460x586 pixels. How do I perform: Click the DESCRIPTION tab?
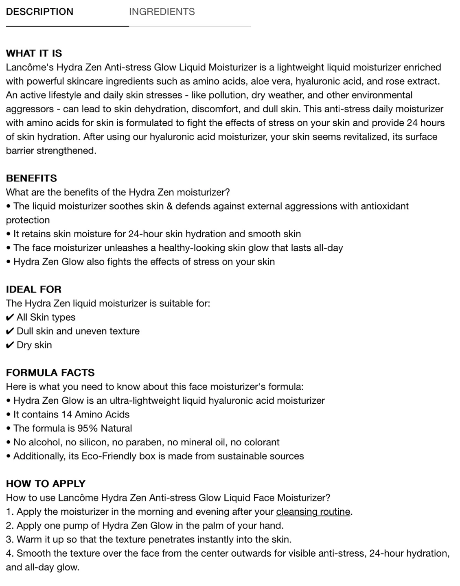point(39,12)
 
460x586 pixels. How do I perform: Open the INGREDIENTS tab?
point(162,12)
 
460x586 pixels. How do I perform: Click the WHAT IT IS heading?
point(34,53)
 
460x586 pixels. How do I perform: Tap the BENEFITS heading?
point(31,178)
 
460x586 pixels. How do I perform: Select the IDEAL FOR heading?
point(33,289)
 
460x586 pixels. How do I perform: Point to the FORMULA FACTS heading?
point(50,373)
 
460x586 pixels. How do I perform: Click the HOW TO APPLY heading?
point(46,484)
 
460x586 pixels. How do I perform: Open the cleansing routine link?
point(313,512)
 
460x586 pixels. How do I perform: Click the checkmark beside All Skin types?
point(10,317)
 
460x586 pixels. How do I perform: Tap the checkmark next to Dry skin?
point(10,345)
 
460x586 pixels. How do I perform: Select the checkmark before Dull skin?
point(10,331)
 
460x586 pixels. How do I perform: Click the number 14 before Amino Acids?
point(66,414)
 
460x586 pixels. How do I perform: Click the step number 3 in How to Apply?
point(9,540)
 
